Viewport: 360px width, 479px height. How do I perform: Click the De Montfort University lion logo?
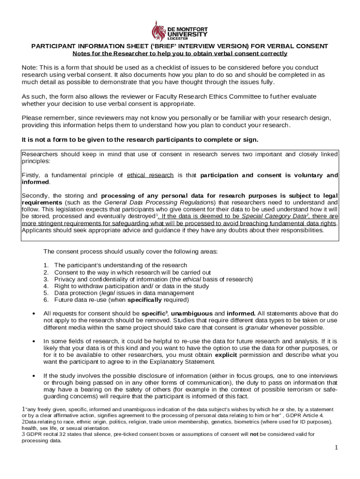[x=158, y=30]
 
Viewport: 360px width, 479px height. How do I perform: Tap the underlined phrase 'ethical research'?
[x=150, y=175]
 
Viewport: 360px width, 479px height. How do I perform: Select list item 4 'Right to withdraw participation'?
[x=131, y=286]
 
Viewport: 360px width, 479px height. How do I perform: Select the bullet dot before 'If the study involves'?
[x=34, y=376]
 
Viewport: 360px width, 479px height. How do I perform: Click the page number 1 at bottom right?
[x=336, y=448]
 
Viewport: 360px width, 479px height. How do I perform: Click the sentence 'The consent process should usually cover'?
[x=130, y=252]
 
